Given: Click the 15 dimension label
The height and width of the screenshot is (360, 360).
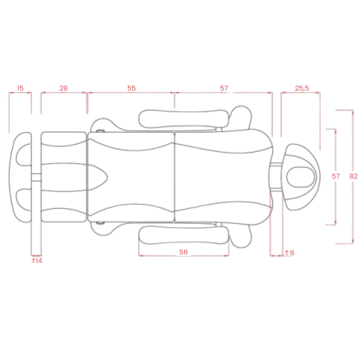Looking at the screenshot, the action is point(20,88).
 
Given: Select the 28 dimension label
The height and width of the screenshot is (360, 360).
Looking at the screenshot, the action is point(63,88).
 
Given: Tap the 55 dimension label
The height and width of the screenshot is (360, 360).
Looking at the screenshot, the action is point(131,88).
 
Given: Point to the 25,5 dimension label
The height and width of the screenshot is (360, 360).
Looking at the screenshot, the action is point(302,88).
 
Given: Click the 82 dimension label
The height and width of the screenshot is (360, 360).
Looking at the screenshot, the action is point(354,176).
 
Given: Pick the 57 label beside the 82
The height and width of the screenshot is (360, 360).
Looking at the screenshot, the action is point(335,176).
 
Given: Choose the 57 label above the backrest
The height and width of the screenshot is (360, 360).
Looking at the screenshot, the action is point(224,88).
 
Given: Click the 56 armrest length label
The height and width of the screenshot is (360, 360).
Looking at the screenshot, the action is point(183,252).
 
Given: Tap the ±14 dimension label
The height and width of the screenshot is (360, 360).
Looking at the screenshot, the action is point(37,261).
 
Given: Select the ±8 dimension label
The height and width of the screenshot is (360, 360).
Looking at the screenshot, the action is point(290,253).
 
